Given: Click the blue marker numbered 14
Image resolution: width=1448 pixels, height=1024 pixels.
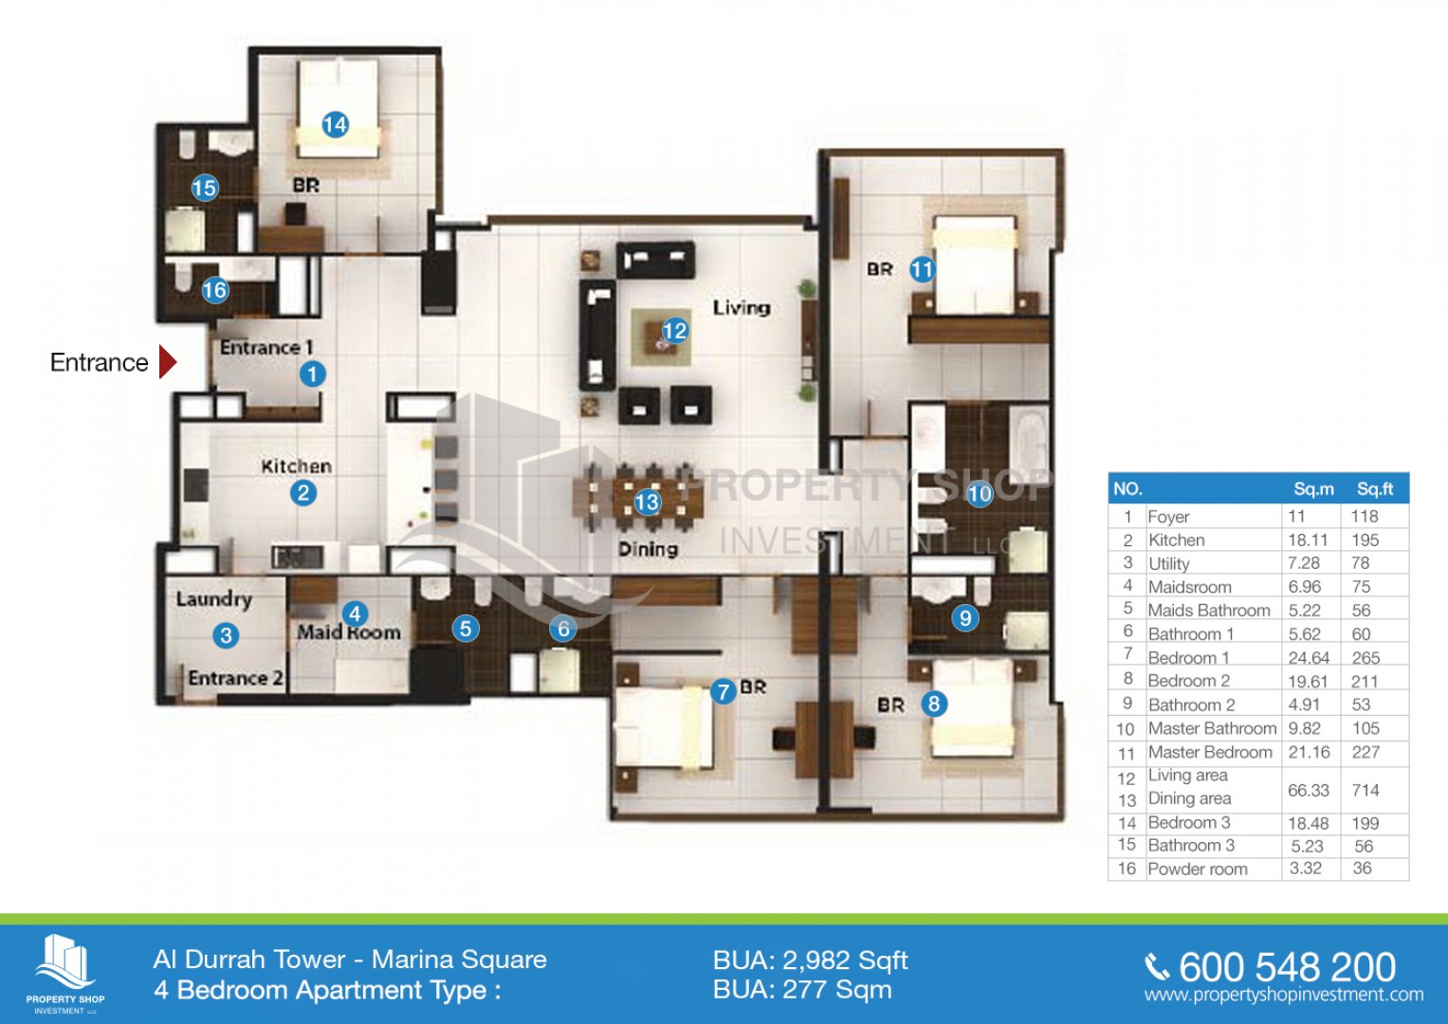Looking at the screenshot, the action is tap(335, 124).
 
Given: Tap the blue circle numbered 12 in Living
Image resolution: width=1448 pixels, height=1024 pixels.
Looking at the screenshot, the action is tap(674, 331).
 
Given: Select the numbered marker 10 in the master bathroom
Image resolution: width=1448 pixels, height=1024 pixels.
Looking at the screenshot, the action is tap(980, 494).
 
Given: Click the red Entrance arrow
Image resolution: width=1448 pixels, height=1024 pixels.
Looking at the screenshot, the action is tap(168, 362).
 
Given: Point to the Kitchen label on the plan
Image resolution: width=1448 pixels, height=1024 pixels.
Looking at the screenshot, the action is tap(296, 466).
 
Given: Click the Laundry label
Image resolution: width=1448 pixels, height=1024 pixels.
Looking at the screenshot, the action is tap(214, 599).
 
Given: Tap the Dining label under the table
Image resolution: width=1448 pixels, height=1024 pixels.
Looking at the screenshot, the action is tap(648, 549).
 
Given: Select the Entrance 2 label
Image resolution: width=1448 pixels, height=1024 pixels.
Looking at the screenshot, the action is tap(235, 678).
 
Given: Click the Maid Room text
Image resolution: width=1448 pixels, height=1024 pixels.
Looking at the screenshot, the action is tap(348, 631).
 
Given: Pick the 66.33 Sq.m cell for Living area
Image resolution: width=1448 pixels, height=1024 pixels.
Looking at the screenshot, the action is tap(1309, 790).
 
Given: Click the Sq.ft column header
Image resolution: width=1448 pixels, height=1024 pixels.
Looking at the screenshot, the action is tap(1375, 489).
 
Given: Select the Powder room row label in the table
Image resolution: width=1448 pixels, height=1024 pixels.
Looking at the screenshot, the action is tap(1198, 869).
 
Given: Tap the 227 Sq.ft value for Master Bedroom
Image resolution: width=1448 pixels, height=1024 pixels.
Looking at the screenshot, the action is tap(1366, 752).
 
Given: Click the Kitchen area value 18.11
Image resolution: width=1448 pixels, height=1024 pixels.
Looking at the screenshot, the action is tap(1307, 539).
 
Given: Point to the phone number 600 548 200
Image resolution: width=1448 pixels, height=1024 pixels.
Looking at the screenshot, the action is tap(1287, 968).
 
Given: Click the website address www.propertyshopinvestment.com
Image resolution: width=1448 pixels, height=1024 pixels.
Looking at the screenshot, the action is tap(1284, 995).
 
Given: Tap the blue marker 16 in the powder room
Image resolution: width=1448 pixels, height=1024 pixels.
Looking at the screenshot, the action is tap(214, 289).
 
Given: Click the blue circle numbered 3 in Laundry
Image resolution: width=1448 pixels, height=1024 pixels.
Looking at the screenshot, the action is tap(226, 635).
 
